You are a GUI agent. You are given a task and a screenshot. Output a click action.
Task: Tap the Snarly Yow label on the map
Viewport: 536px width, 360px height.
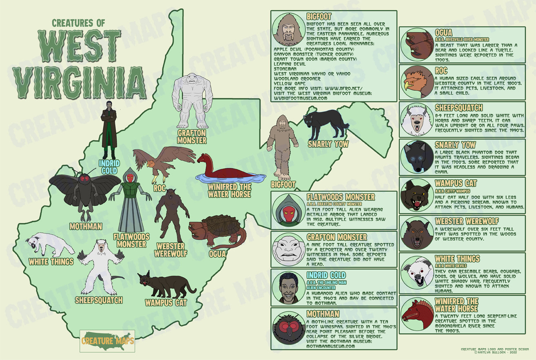[328, 144]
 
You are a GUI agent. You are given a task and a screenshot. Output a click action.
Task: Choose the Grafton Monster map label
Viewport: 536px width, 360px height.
[192, 137]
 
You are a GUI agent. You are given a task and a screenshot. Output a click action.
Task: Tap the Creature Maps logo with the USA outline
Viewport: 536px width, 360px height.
[107, 340]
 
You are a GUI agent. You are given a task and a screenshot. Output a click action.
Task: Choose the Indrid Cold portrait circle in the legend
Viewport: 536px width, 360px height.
[288, 288]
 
